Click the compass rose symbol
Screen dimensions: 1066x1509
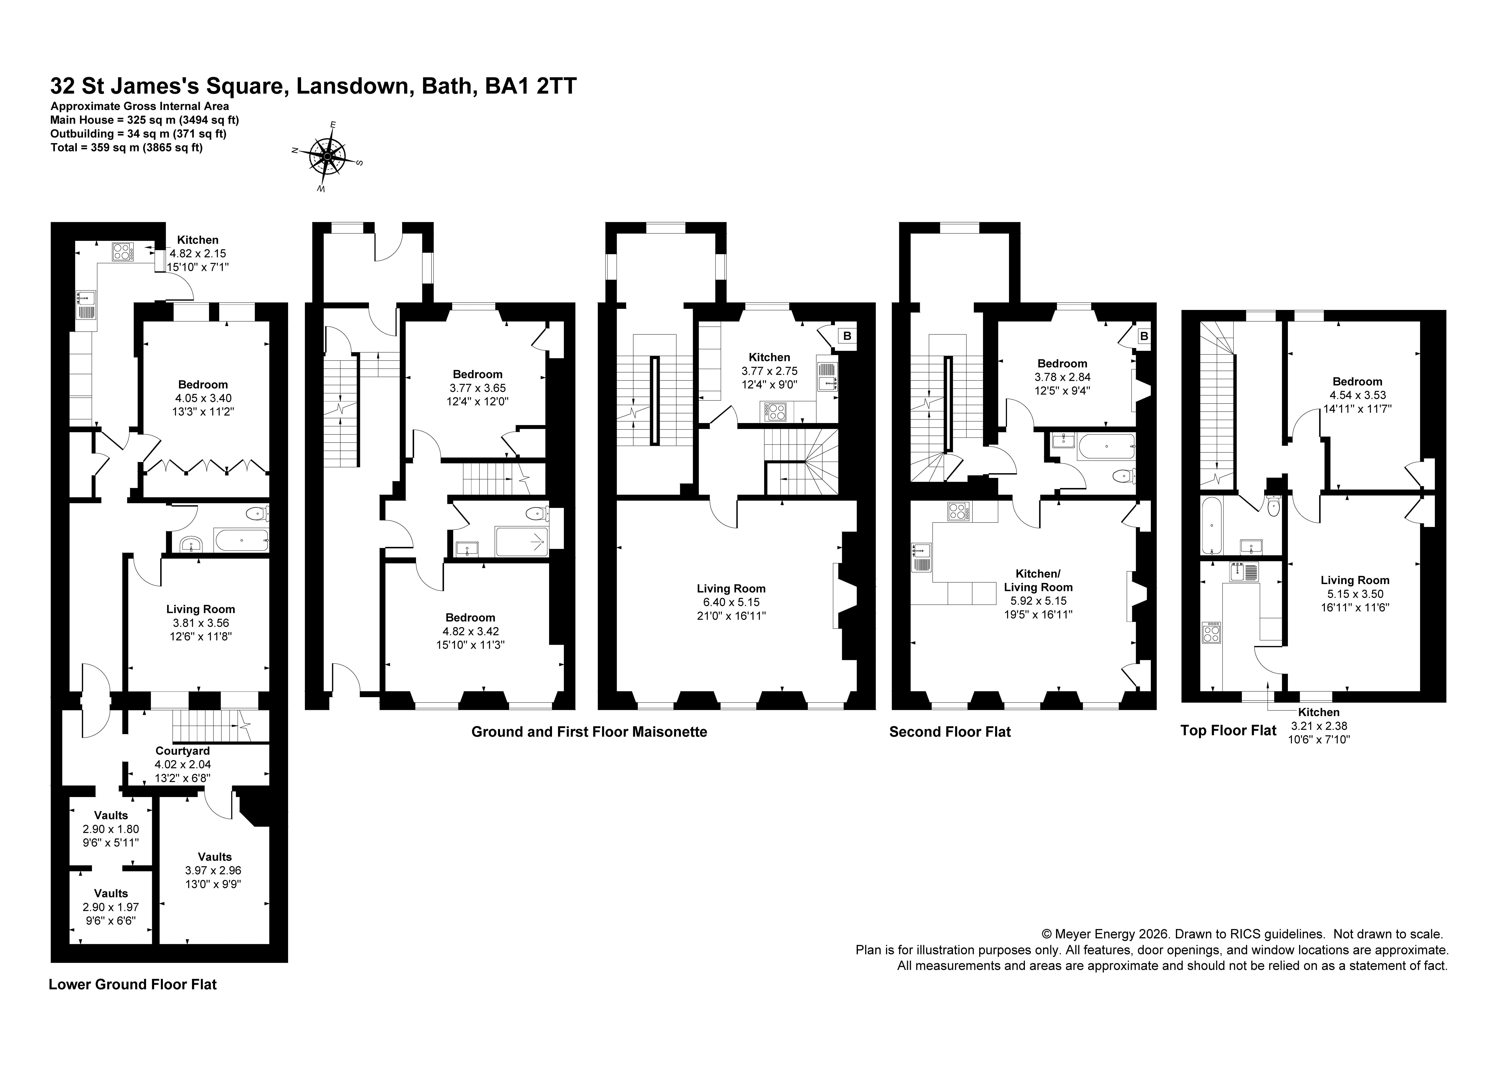(x=327, y=156)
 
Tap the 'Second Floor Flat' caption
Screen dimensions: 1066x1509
(x=950, y=731)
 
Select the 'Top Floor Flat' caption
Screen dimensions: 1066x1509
(x=1228, y=730)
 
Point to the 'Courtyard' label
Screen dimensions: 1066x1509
(x=183, y=750)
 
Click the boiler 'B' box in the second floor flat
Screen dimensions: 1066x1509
(x=1144, y=336)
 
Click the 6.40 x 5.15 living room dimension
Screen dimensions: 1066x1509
(x=731, y=602)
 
